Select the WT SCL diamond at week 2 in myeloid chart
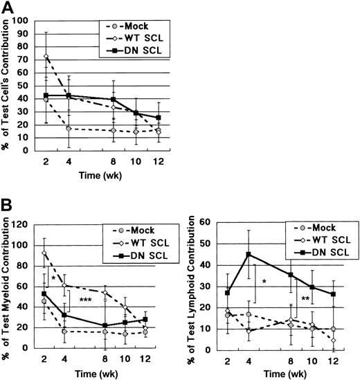45,253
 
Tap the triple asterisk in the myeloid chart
86,300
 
